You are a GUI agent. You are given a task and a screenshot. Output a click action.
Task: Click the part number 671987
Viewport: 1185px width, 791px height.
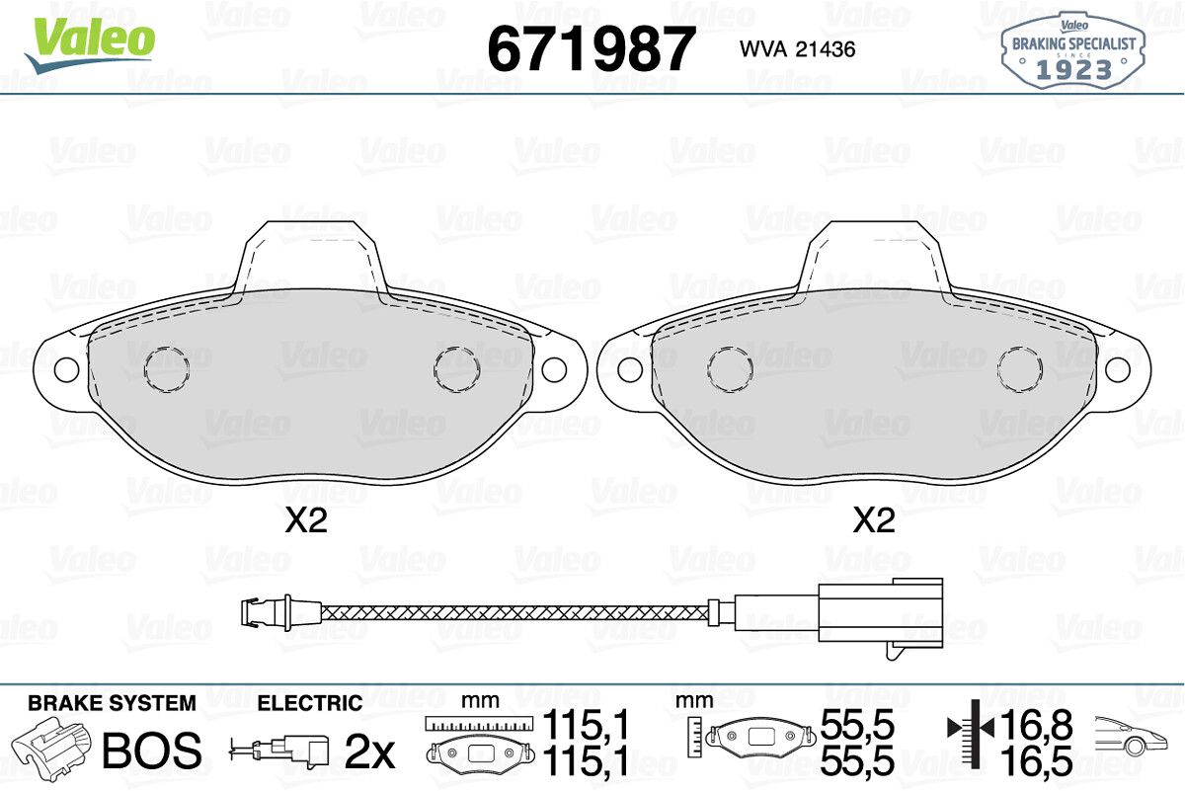coord(590,48)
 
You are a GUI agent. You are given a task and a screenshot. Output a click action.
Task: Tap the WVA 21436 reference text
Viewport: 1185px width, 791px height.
coord(797,49)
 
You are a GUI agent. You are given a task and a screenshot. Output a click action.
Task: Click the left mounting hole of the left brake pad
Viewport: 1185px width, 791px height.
coord(66,369)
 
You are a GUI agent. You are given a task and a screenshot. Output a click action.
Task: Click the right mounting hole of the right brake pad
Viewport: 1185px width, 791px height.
coord(1118,369)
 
